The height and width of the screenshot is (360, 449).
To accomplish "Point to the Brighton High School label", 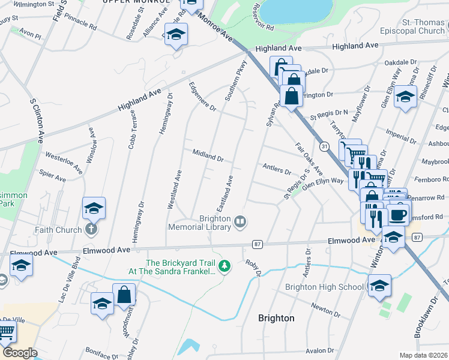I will click(324, 287).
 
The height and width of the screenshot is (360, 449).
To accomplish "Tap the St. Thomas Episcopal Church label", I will click(415, 26).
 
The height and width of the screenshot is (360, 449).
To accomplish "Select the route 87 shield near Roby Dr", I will click(258, 244).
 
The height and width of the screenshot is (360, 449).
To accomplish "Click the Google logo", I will click(20, 353).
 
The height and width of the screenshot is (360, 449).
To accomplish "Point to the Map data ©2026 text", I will click(423, 355).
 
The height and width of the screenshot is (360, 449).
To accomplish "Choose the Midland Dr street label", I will click(208, 155).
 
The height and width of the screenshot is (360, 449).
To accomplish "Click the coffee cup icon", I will click(397, 214).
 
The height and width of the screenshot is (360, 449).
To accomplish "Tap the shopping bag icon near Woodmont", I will click(124, 295).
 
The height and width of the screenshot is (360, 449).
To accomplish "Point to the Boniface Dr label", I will click(100, 350).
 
